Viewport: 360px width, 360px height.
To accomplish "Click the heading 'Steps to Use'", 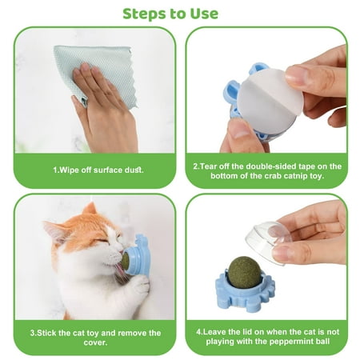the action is [x=170, y=14].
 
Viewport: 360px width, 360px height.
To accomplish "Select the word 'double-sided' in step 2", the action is [x=270, y=166].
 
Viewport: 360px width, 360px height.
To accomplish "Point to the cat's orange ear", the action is [x=89, y=210].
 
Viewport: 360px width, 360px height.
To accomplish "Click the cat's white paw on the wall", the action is [x=139, y=286].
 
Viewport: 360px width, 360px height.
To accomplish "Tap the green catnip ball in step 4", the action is [x=244, y=272].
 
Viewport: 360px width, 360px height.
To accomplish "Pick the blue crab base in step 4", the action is [x=245, y=293].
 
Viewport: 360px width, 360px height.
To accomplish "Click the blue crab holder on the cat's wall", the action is [x=141, y=255].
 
